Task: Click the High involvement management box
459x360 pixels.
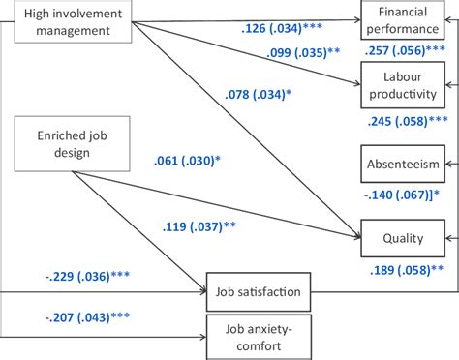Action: tap(68, 21)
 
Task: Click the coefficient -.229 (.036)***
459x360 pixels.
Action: tap(88, 276)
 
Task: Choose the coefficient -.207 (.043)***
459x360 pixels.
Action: tap(88, 316)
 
